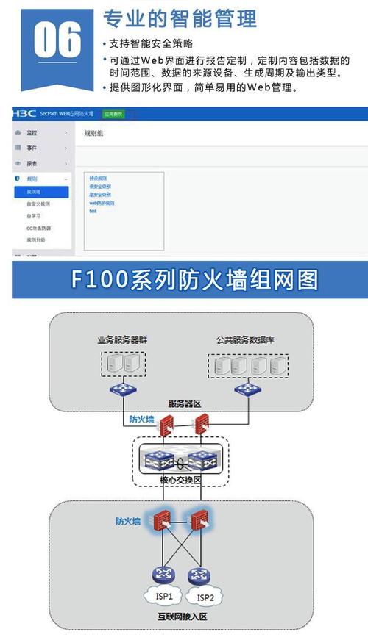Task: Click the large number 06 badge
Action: tap(57, 40)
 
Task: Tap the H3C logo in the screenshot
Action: tap(24, 114)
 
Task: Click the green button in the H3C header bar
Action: tap(113, 115)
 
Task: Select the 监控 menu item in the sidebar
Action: tap(32, 133)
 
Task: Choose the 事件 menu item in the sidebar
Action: tap(32, 148)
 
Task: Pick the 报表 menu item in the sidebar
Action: tap(32, 163)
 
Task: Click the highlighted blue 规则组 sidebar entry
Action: tap(40, 191)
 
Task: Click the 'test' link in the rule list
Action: tap(93, 211)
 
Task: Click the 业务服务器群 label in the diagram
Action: tap(123, 340)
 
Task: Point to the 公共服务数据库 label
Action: tap(246, 340)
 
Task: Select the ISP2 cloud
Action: tap(207, 597)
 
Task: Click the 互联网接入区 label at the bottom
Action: tap(183, 616)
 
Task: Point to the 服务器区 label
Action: tap(184, 403)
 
